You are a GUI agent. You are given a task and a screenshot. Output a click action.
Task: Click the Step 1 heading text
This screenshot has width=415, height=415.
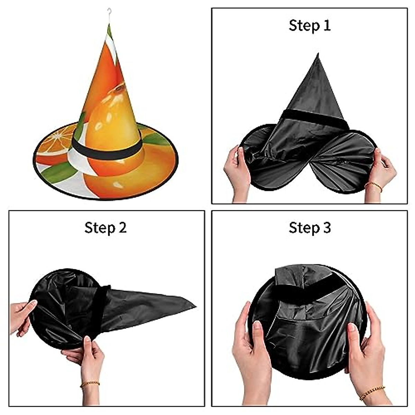(x=310, y=26)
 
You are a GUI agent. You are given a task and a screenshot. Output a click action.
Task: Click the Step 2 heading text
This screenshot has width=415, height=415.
(x=105, y=228)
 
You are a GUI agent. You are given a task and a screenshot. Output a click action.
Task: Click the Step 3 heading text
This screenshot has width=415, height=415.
(x=310, y=228)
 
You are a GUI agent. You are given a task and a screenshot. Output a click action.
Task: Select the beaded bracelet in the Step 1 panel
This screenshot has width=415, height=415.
(x=373, y=186)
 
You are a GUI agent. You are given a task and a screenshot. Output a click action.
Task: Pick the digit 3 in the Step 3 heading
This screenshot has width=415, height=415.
(x=326, y=228)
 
